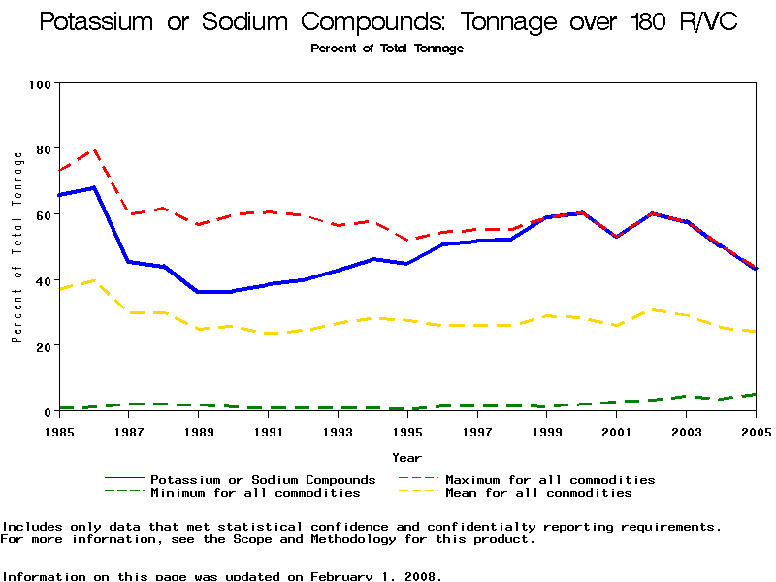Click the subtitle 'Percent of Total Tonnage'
coord(387,48)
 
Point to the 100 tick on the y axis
coord(39,85)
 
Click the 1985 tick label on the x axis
coord(59,430)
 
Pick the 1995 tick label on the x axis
coord(407,430)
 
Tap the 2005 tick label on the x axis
coord(756,430)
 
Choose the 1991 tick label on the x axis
coord(268,430)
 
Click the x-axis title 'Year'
coord(406,456)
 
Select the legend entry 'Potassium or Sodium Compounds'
coord(262,479)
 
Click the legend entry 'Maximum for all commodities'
coord(550,479)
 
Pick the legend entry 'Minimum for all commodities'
coord(255,493)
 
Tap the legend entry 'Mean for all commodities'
coord(538,493)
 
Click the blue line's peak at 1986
coord(94,187)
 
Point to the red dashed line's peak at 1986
coord(94,149)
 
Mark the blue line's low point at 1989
coord(199,291)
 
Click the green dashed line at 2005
coord(756,394)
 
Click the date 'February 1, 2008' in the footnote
coord(375,576)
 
